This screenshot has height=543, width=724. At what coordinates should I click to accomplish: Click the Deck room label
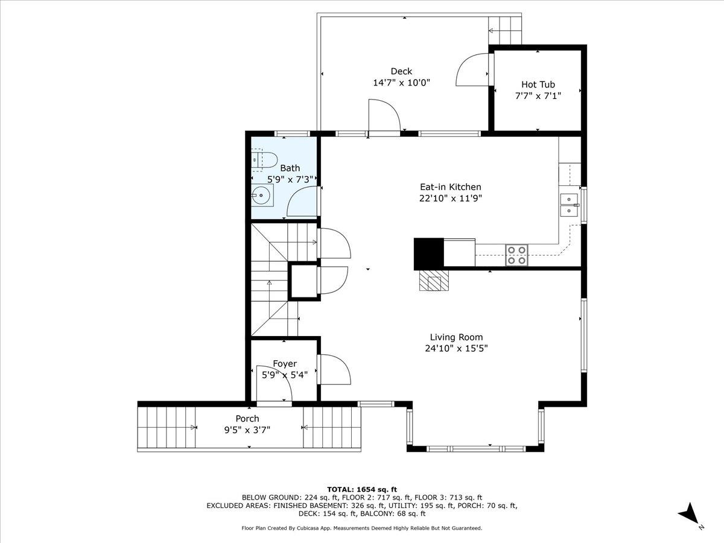(401, 71)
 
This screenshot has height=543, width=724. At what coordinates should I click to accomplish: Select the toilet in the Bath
(265, 160)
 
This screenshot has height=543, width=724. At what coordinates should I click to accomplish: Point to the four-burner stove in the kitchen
(516, 255)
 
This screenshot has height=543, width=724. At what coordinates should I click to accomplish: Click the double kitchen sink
(569, 205)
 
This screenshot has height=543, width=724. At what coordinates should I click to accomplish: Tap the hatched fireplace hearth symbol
(435, 281)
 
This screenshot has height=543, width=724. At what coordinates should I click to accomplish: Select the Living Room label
(456, 337)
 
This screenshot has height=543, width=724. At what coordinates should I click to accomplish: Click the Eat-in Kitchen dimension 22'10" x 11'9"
(451, 198)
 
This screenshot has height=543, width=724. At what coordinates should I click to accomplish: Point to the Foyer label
(285, 364)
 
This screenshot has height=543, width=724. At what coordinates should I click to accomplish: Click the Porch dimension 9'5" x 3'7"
(247, 430)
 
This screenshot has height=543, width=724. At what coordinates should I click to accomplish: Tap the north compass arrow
(689, 515)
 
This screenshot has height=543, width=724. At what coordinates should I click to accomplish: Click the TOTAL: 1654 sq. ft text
(362, 489)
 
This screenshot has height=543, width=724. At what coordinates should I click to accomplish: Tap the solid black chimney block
(428, 253)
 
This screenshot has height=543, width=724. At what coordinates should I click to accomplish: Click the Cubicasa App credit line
(362, 528)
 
